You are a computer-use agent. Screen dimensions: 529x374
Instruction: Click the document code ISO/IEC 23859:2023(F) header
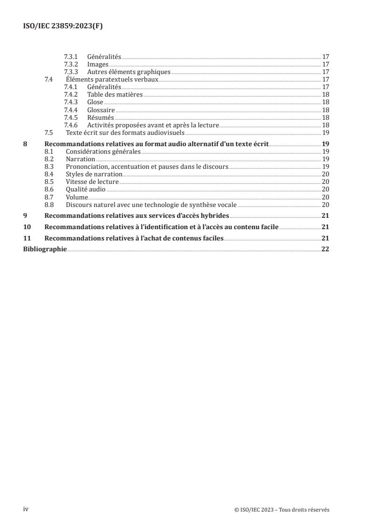(63, 26)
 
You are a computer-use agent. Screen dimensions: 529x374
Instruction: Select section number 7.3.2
(71, 64)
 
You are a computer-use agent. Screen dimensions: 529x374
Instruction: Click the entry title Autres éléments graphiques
(128, 72)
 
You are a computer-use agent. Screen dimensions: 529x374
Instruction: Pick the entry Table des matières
(115, 94)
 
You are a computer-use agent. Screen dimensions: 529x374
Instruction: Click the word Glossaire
(101, 109)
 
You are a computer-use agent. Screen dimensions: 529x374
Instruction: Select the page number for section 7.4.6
(325, 124)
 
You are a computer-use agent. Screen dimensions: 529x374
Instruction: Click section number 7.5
(49, 132)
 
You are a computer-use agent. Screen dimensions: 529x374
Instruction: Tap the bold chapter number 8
(25, 144)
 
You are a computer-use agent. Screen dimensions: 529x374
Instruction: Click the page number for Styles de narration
(325, 174)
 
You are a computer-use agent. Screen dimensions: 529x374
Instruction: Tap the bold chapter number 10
(27, 227)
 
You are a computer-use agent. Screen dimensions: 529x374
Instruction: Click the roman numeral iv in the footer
(26, 509)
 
